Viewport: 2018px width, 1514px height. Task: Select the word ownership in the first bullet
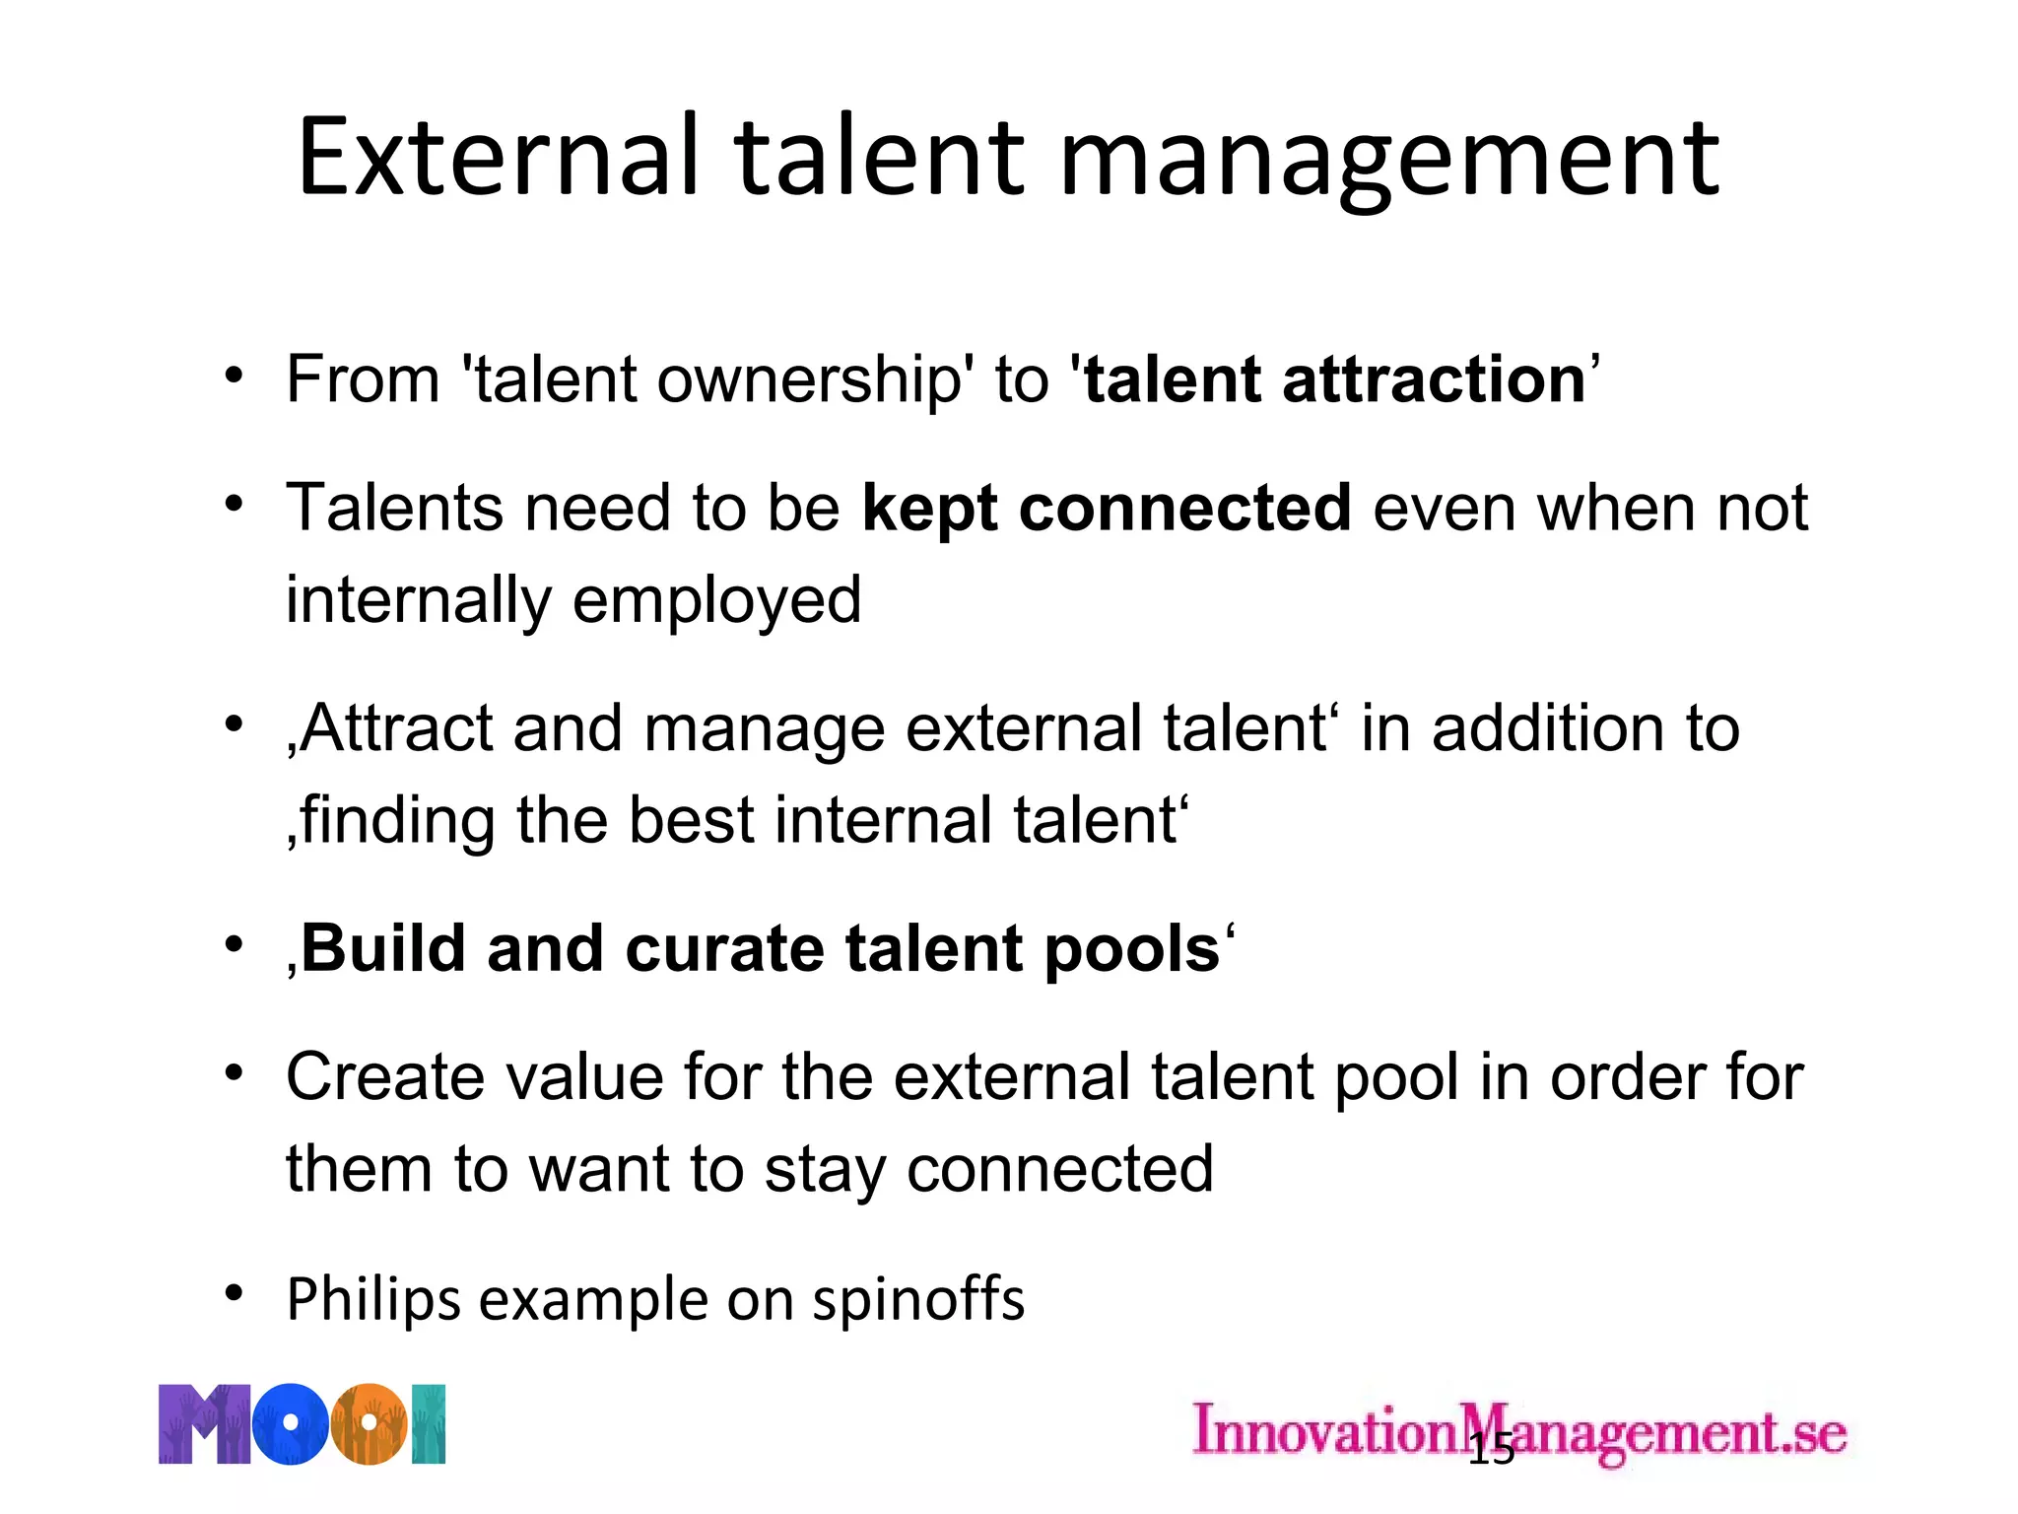(809, 379)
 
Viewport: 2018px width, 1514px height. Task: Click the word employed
(716, 600)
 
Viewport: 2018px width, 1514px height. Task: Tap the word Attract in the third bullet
(395, 728)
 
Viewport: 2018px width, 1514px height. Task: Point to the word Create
(384, 1076)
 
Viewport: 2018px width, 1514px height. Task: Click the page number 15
(1491, 1451)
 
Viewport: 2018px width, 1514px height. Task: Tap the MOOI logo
(302, 1424)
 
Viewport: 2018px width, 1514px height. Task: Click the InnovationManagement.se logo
(1518, 1431)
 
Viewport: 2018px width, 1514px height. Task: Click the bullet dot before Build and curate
(234, 944)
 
